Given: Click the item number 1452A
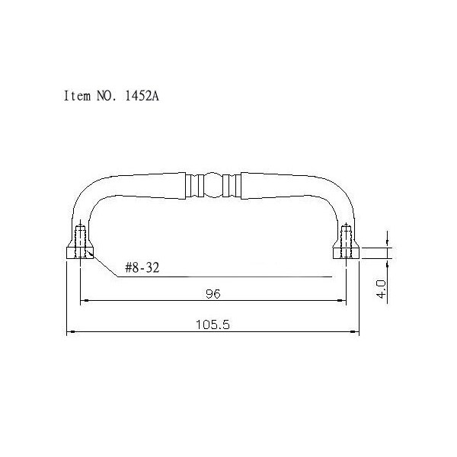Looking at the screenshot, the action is [142, 96].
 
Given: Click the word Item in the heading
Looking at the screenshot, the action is [77, 96].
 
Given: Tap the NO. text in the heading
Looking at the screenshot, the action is [107, 96].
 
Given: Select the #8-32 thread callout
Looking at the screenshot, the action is [142, 267].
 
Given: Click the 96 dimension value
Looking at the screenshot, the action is [213, 294].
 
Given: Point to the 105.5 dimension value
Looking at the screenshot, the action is [213, 324].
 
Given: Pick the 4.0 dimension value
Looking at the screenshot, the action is [382, 289].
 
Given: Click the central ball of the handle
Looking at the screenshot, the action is [213, 184].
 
